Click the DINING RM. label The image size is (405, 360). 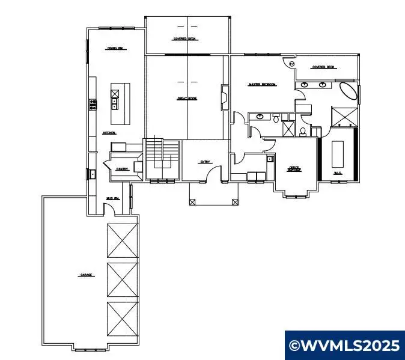click(115, 48)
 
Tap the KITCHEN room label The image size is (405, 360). click(109, 133)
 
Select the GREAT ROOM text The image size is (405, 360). click(187, 99)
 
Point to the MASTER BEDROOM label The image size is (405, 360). click(262, 85)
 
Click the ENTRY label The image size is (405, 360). click(206, 161)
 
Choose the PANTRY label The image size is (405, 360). click(122, 169)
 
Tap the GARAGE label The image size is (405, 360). click(86, 275)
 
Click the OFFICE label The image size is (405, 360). click(294, 168)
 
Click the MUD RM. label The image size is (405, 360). click(112, 198)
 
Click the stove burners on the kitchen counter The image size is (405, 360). click(93, 105)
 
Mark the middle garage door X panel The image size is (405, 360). click(123, 279)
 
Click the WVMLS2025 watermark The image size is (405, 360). click(344, 346)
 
